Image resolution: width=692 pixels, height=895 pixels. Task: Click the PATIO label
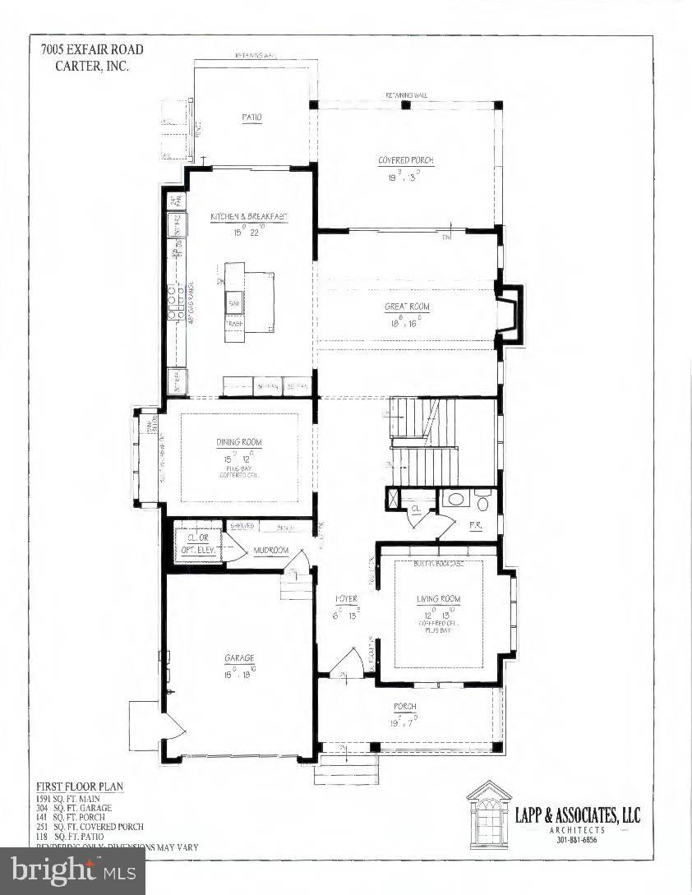(x=251, y=118)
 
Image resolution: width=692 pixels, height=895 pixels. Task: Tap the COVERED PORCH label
(x=406, y=160)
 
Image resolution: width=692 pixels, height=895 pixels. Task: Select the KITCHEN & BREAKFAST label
(x=248, y=216)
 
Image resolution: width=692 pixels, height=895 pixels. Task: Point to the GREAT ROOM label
(x=408, y=307)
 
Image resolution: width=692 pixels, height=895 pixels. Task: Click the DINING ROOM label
(x=240, y=442)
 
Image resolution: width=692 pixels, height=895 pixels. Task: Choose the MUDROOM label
(x=270, y=551)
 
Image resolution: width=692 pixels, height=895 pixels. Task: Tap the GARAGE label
(x=239, y=657)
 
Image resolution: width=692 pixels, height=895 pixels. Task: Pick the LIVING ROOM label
(x=439, y=599)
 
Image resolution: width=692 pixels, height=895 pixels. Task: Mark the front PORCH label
(x=405, y=707)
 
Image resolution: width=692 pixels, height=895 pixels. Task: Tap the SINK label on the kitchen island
(x=234, y=300)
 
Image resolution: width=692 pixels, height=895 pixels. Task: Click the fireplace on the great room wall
(x=510, y=313)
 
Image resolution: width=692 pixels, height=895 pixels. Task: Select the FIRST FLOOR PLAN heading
(x=80, y=787)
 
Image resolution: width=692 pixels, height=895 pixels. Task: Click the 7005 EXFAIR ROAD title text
(x=92, y=49)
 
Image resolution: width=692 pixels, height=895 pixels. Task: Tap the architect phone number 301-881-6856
(x=578, y=839)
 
